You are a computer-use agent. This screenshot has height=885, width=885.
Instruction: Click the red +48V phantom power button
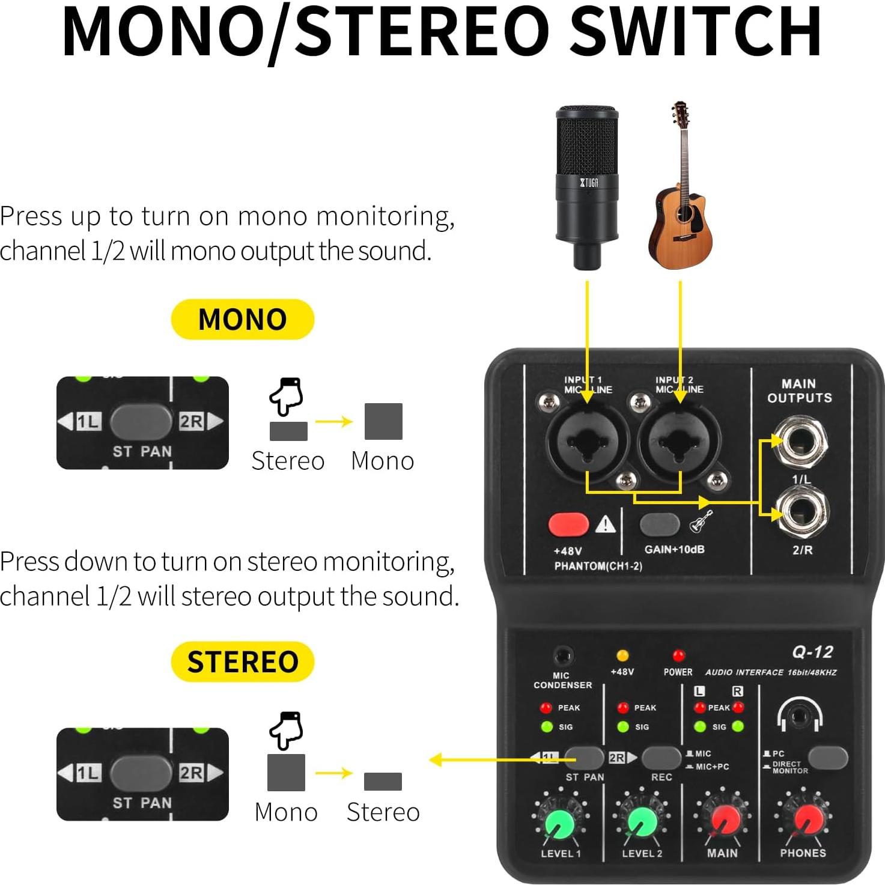568,524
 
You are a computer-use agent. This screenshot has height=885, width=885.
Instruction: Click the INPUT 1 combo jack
587,441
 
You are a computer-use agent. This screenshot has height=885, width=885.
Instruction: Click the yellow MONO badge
243,319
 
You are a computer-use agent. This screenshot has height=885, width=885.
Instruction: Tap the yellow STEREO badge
243,661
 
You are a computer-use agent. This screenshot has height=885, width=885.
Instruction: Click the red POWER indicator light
678,655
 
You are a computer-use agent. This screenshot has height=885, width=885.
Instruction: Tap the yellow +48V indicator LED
622,655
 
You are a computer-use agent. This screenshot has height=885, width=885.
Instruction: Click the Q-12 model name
812,652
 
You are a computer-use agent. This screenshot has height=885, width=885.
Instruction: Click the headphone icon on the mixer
799,715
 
